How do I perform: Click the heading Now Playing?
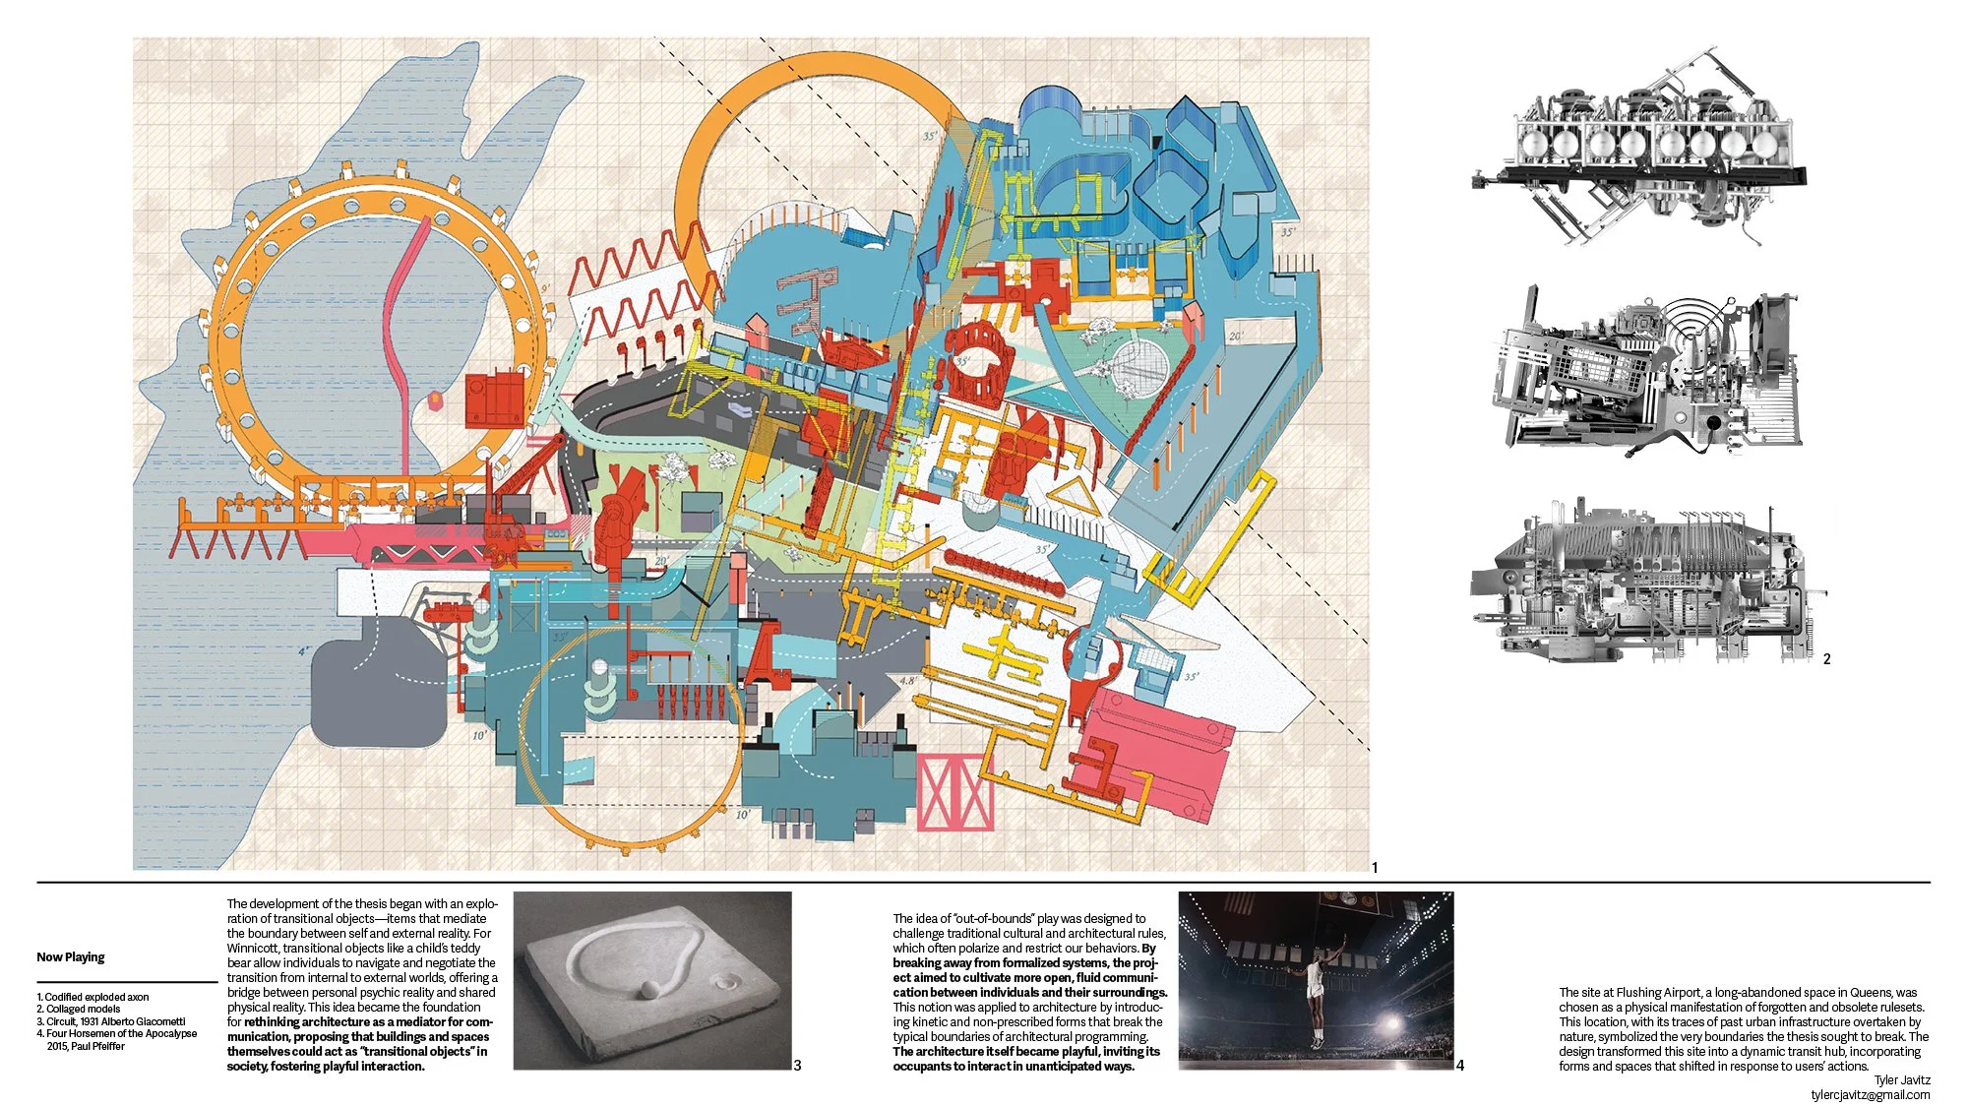pyautogui.click(x=71, y=956)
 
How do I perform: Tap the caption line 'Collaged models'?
pyautogui.click(x=83, y=1009)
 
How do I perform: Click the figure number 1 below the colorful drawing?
pyautogui.click(x=1375, y=867)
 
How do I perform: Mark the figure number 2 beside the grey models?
pyautogui.click(x=1826, y=659)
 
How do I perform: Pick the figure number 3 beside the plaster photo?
pyautogui.click(x=797, y=1065)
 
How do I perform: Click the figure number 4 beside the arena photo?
pyautogui.click(x=1460, y=1065)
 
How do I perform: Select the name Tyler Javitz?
pyautogui.click(x=1902, y=1079)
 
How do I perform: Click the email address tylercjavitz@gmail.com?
pyautogui.click(x=1870, y=1094)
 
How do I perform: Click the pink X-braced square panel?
pyautogui.click(x=954, y=792)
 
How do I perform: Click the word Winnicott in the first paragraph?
pyautogui.click(x=253, y=948)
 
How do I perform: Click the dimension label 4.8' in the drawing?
pyautogui.click(x=907, y=680)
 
